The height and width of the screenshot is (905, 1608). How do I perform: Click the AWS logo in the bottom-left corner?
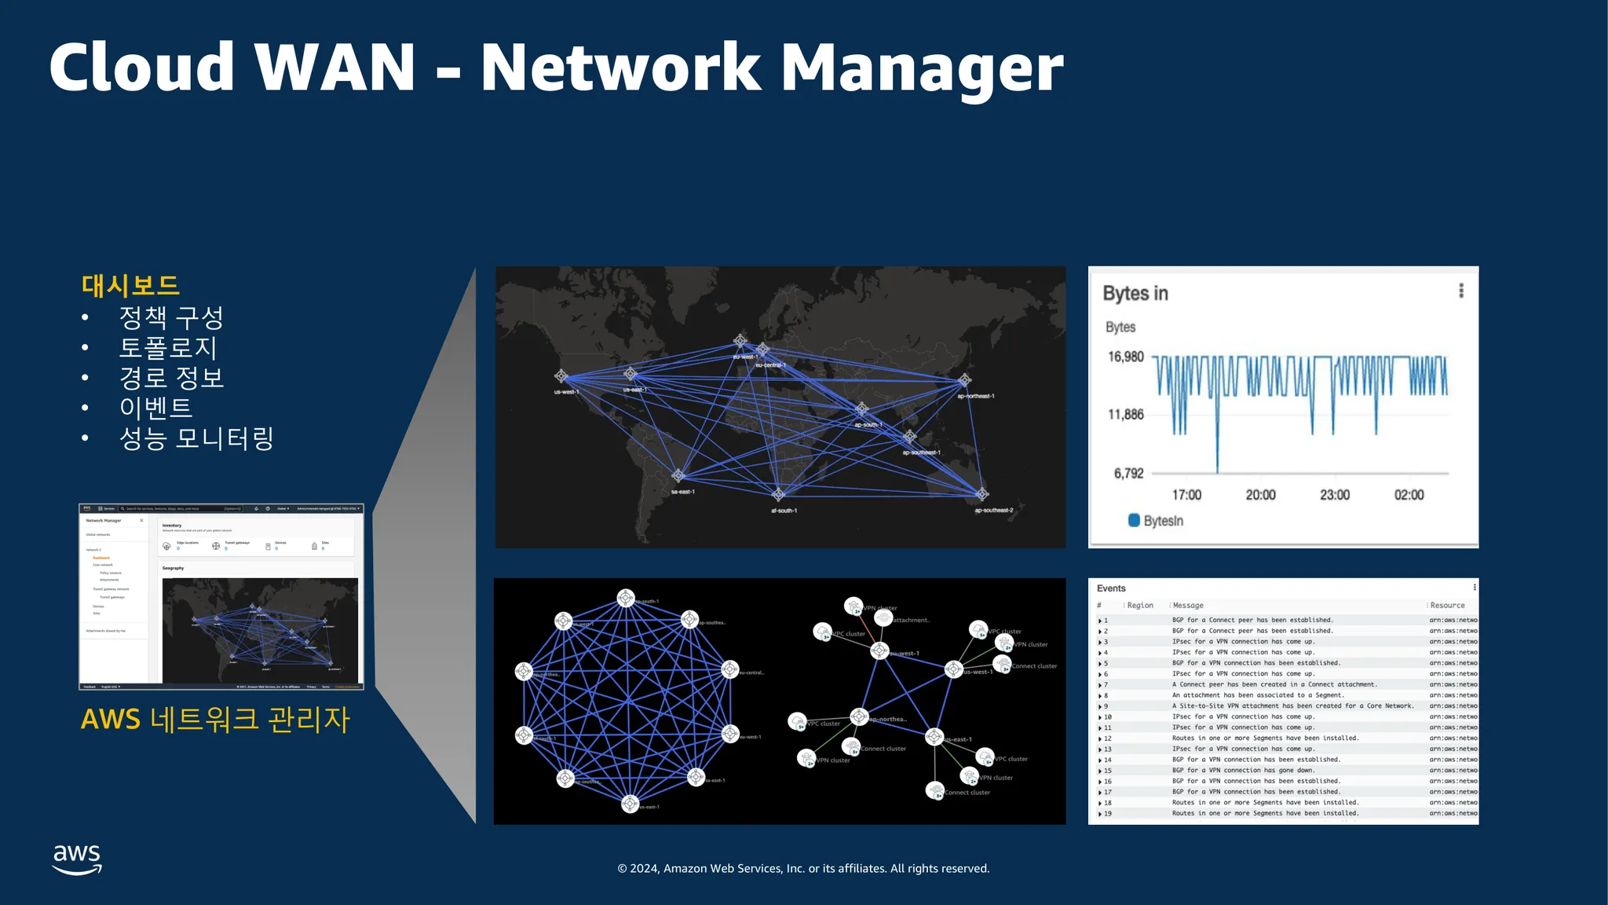(x=77, y=859)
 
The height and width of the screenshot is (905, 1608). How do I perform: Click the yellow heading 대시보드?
(x=130, y=285)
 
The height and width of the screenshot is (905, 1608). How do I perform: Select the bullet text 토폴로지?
(x=167, y=347)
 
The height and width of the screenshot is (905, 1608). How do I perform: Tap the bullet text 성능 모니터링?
(x=196, y=438)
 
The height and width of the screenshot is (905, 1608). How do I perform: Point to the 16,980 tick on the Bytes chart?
(x=1125, y=357)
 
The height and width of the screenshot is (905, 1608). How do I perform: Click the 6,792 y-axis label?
(x=1128, y=473)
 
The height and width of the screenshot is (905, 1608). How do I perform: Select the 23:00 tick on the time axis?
(x=1334, y=495)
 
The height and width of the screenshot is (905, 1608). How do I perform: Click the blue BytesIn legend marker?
(x=1134, y=520)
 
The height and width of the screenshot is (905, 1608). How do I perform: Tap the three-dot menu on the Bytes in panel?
(x=1460, y=291)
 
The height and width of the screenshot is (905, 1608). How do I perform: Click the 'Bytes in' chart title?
(x=1135, y=293)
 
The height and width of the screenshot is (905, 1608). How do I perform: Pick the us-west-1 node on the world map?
(x=561, y=376)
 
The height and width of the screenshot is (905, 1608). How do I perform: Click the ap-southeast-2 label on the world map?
(x=993, y=511)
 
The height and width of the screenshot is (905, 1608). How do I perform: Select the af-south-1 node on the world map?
(x=778, y=495)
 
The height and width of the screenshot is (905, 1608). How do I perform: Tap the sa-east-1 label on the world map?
(x=682, y=492)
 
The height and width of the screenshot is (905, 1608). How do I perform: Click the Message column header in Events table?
(x=1187, y=606)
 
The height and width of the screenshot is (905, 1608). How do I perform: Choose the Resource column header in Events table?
(x=1447, y=606)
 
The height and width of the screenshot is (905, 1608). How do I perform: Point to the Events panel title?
(x=1111, y=588)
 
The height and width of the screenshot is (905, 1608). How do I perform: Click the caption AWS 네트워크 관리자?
(x=215, y=719)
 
